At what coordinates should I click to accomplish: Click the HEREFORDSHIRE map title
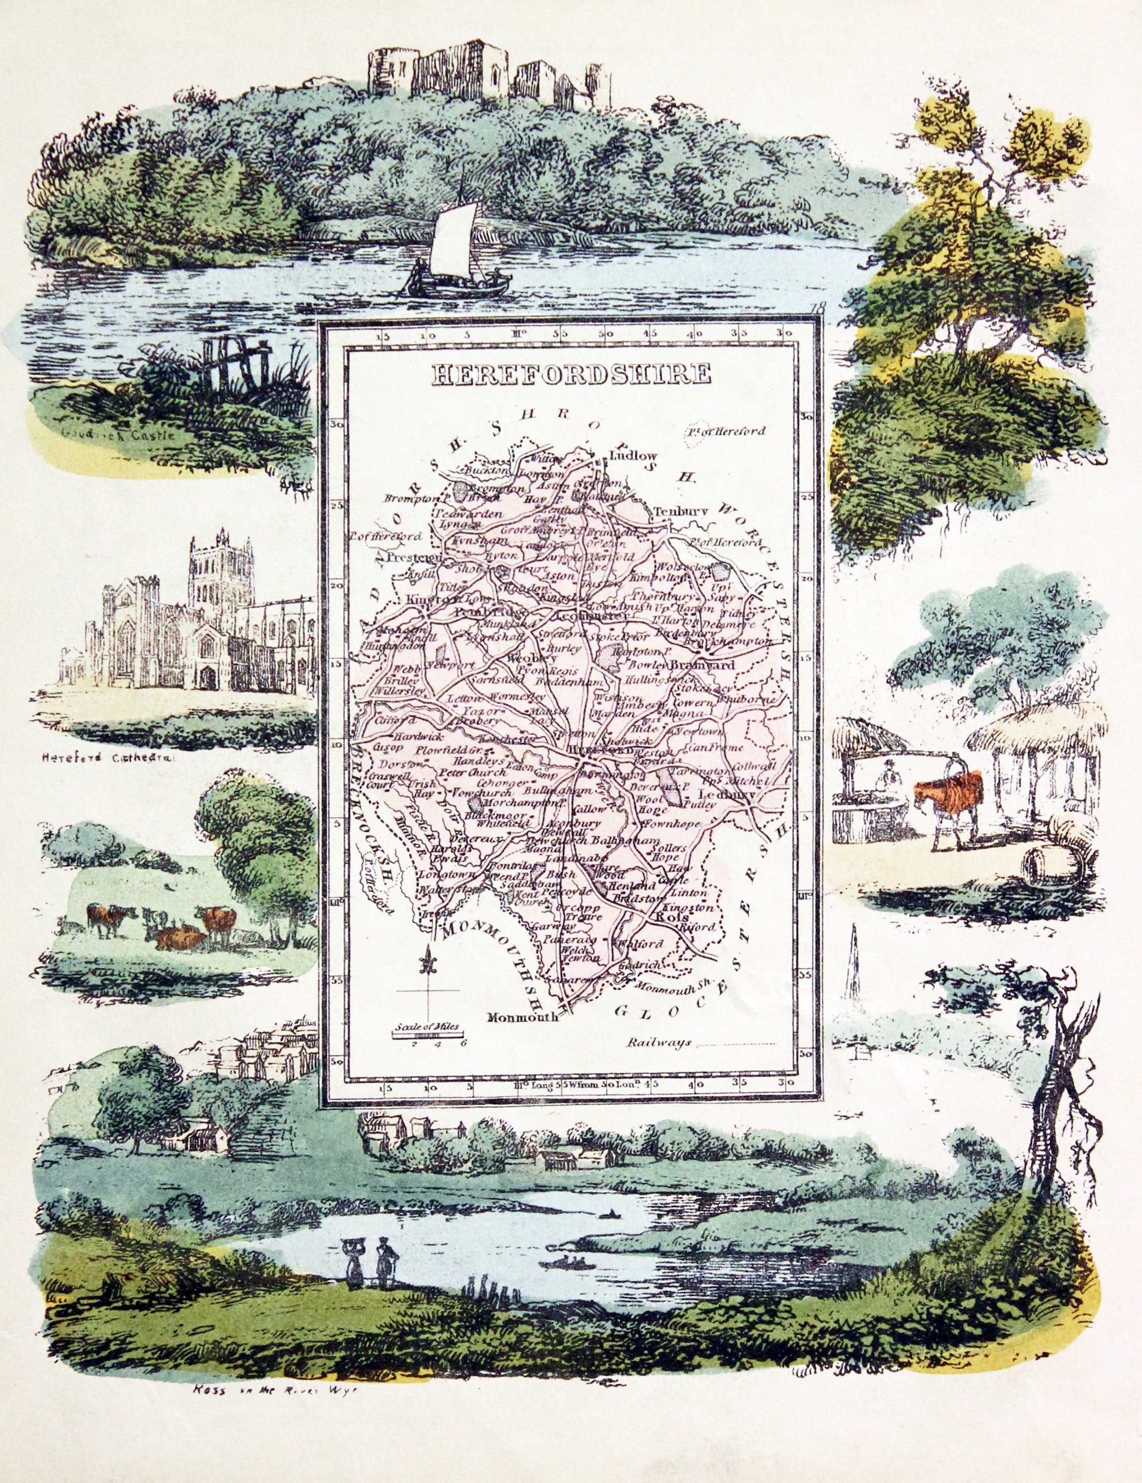tap(571, 374)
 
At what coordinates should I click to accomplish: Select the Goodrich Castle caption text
tap(118, 435)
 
